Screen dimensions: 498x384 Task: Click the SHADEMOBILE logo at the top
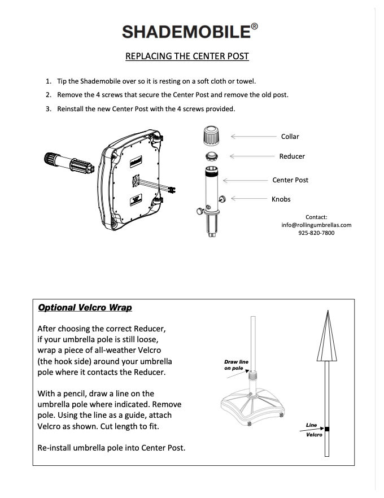[x=186, y=31]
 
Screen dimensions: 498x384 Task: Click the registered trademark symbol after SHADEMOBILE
[x=255, y=25]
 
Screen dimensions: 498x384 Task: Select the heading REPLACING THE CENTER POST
[x=186, y=56]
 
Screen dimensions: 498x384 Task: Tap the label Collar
[x=290, y=137]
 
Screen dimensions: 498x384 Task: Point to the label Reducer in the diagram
[x=291, y=156]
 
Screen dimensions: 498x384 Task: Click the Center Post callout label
[x=290, y=180]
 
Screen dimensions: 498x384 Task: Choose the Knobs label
[x=281, y=199]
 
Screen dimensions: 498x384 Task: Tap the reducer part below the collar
[x=210, y=156]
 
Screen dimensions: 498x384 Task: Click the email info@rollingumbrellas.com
[x=316, y=225]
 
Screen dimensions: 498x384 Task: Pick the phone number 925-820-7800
[x=316, y=233]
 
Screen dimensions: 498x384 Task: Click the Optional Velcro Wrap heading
[x=85, y=308]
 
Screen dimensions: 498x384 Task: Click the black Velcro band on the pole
[x=327, y=430]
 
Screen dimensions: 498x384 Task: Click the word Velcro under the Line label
[x=314, y=435]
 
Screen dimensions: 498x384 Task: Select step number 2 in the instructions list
[x=49, y=94]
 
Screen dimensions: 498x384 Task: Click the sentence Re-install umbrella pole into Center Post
[x=111, y=448]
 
